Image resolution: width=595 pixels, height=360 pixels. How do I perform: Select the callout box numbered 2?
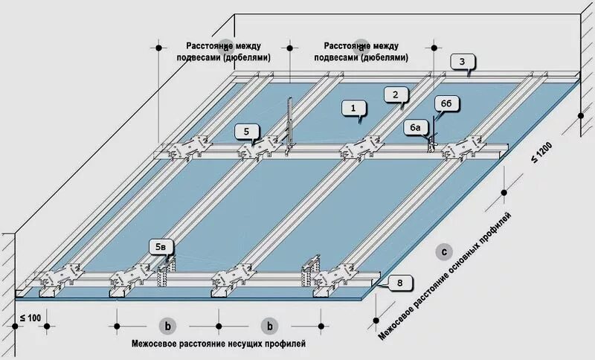click(x=396, y=94)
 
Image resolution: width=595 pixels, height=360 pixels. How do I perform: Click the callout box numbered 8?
click(x=399, y=283)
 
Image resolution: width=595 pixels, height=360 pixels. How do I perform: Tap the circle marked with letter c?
click(x=444, y=251)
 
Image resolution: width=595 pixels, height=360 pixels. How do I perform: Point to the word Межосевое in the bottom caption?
click(x=155, y=344)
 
